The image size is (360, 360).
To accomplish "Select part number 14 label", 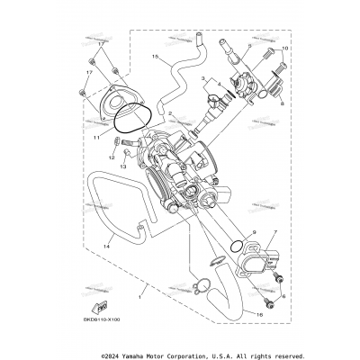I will [x=105, y=245].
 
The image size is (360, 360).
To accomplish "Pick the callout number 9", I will [x=253, y=232].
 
